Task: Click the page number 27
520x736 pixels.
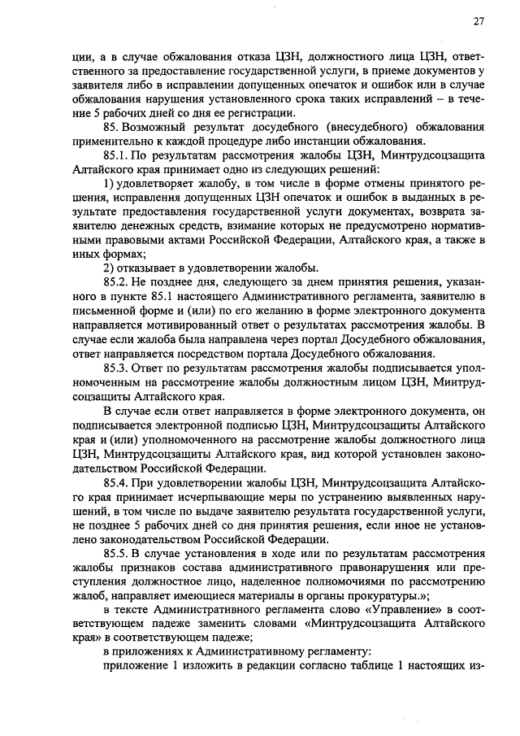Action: pyautogui.click(x=479, y=22)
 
